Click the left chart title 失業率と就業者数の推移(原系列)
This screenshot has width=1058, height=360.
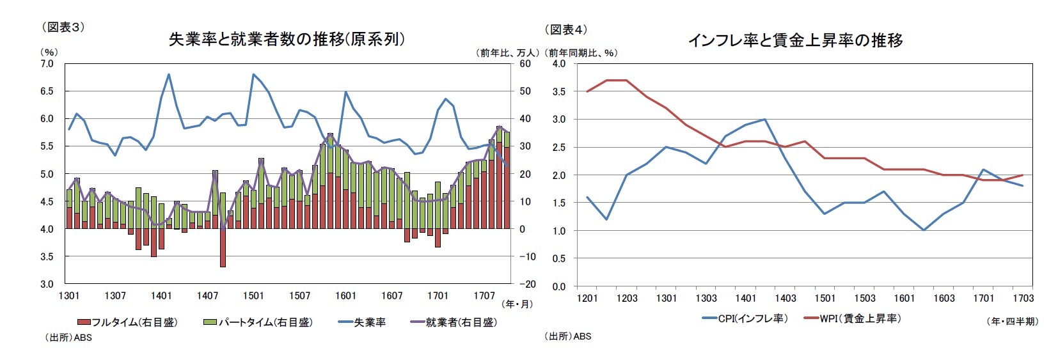tap(287, 39)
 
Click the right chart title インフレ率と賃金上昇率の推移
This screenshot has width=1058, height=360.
tap(795, 40)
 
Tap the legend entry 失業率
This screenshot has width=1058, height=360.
tap(362, 322)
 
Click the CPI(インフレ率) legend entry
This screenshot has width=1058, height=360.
tap(745, 318)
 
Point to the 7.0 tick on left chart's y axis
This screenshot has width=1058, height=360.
tap(47, 64)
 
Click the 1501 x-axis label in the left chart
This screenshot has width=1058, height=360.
tap(253, 295)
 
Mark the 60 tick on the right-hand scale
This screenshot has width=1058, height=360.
tap(525, 64)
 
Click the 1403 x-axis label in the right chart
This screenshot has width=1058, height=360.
tap(785, 298)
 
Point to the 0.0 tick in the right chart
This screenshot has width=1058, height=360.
tap(558, 286)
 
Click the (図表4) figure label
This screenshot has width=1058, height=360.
tap(565, 29)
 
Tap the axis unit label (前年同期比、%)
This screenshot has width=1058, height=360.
tap(583, 53)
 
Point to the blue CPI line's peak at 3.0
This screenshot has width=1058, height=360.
tap(764, 120)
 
